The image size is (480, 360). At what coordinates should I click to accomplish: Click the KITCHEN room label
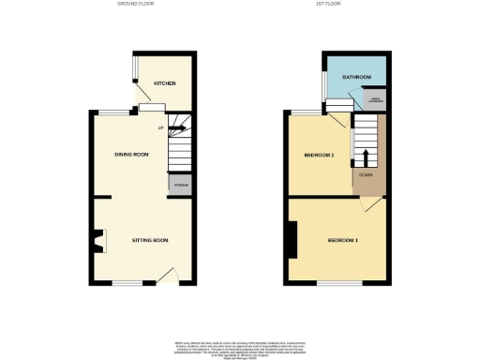pos(164,83)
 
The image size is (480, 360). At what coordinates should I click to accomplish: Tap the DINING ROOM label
pos(131,154)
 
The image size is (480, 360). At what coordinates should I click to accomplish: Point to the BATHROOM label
pos(356,77)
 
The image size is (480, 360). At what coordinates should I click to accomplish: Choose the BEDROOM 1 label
pos(342,240)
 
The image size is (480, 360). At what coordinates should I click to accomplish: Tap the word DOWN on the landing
pos(367,174)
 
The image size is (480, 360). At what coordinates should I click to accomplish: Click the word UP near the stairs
pos(160,127)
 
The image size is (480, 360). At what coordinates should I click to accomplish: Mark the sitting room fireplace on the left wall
pos(97,242)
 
